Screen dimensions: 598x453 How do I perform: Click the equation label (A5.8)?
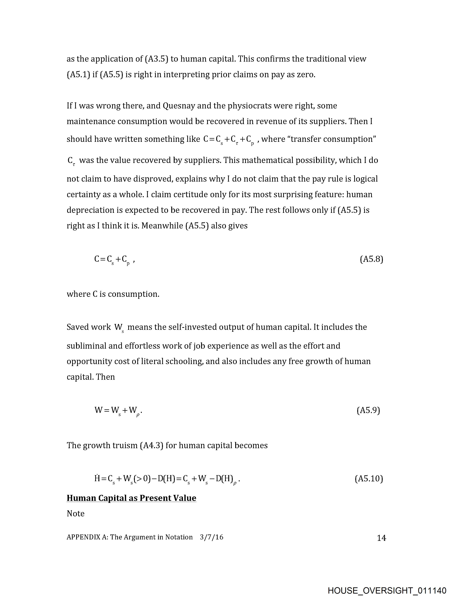tap(371, 259)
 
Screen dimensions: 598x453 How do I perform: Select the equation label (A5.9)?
tap(368, 410)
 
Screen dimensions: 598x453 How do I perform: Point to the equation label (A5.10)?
tap(369, 479)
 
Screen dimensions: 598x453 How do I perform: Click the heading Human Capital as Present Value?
tap(131, 498)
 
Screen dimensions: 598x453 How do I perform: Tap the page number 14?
tap(381, 538)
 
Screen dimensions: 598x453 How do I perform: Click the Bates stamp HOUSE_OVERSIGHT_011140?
tap(387, 590)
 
